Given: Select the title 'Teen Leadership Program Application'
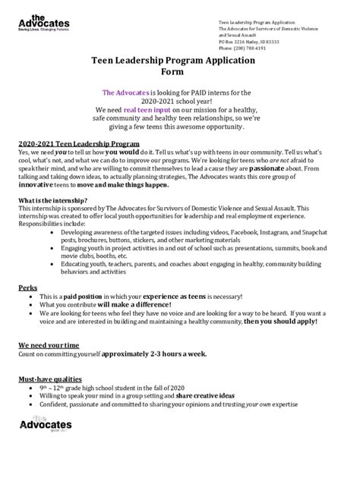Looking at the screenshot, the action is (x=179, y=68).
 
